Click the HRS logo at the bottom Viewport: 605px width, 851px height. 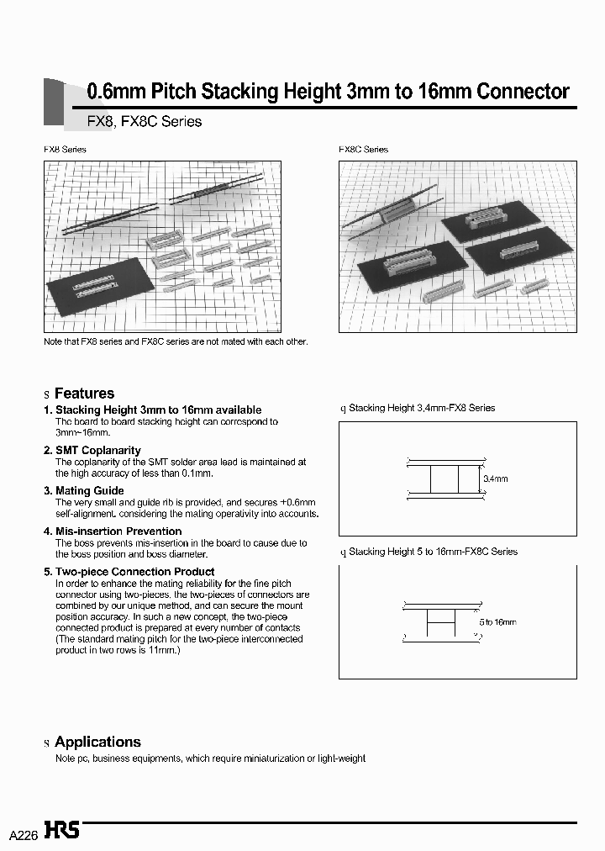[63, 831]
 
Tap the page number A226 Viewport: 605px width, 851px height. [24, 834]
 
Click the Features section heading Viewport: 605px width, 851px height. [84, 394]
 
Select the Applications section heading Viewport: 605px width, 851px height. [97, 742]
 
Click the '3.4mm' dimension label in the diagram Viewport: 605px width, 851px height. [496, 478]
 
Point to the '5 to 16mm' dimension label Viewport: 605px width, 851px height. [498, 621]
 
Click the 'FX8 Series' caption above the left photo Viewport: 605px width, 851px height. [65, 149]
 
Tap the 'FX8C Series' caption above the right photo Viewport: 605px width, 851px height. [363, 149]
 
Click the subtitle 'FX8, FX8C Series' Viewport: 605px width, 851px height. [145, 121]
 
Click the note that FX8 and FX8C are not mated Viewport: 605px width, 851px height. [176, 341]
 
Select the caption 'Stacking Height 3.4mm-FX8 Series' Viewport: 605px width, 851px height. [422, 408]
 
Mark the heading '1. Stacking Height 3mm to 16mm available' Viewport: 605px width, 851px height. [152, 410]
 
